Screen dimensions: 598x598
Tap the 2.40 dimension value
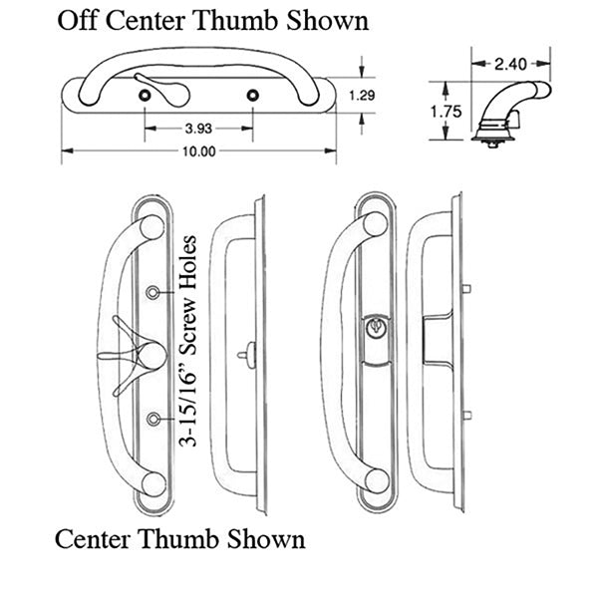click(509, 65)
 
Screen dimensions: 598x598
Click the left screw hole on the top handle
click(147, 94)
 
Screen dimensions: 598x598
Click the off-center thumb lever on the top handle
click(155, 89)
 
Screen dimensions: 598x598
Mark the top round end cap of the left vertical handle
click(150, 226)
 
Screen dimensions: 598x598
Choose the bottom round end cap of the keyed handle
click(376, 480)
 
